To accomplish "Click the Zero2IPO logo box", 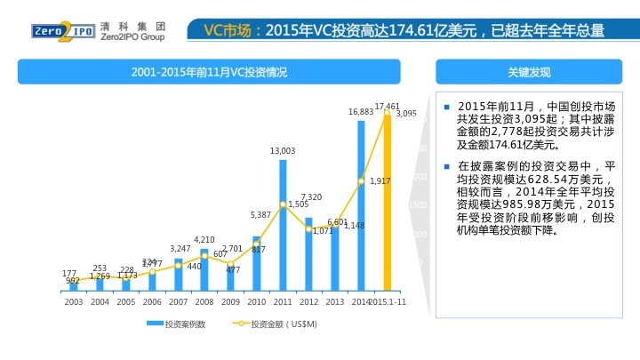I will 52,31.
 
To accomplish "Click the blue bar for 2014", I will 361,205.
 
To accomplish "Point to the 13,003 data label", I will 283,151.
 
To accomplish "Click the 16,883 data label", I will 360,112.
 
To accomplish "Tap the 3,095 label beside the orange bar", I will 406,114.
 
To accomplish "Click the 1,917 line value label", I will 380,180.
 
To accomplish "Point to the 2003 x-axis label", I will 74,301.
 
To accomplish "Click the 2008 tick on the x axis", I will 204,301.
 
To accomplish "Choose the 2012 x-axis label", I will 308,301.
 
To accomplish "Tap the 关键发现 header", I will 529,71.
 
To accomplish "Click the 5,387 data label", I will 260,215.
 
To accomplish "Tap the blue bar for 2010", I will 258,263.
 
